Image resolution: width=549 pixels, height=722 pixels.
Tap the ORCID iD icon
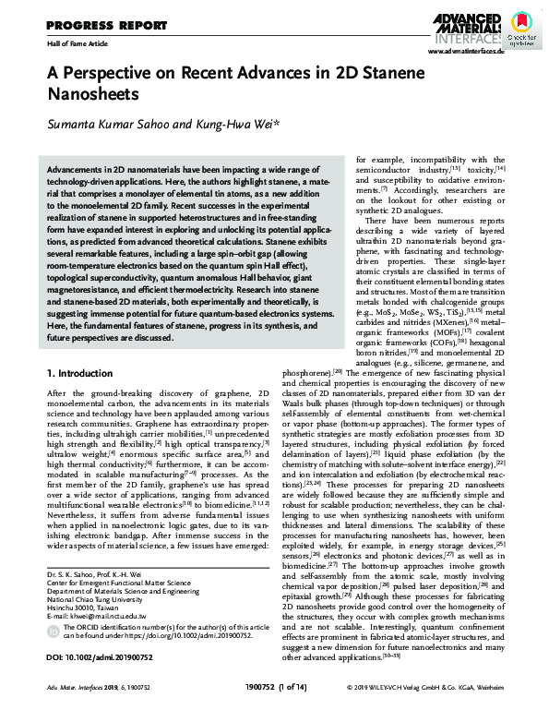point(52,650)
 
